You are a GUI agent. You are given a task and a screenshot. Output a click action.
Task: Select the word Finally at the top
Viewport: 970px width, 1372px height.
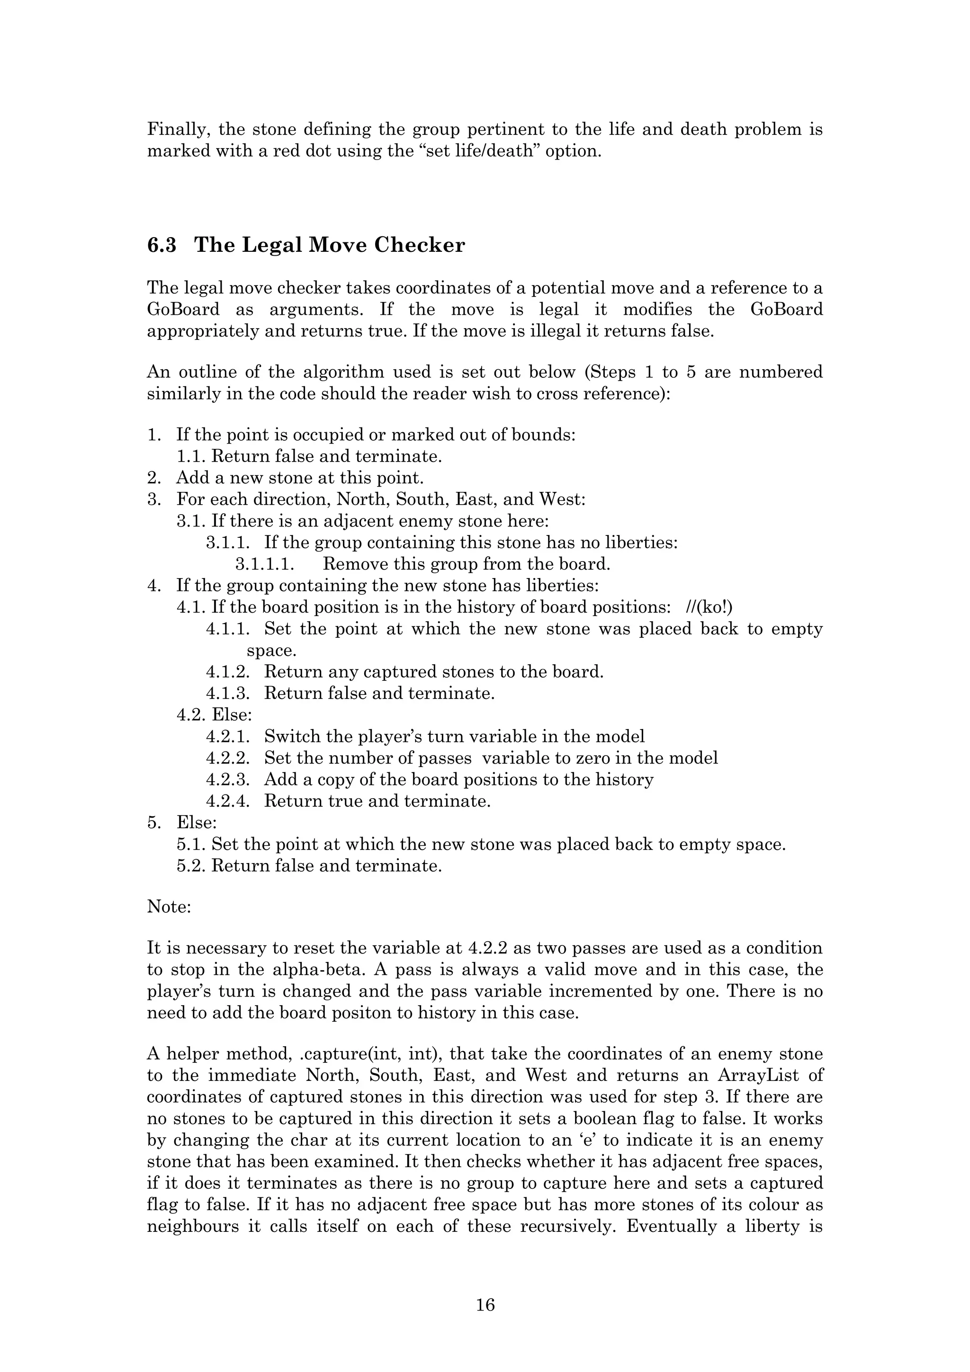click(177, 129)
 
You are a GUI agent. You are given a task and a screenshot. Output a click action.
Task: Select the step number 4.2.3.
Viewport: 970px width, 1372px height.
click(228, 779)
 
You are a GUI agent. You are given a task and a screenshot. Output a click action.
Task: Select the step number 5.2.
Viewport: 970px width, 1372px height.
click(191, 865)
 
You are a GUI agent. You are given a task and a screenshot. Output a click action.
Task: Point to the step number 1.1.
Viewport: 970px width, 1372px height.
click(191, 456)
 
